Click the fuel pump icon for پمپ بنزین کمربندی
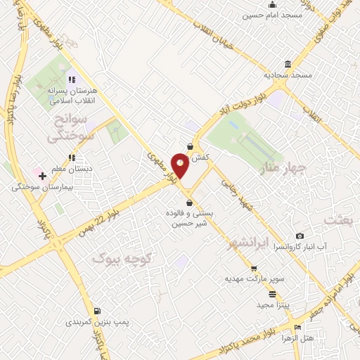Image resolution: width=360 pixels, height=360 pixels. click(x=96, y=311)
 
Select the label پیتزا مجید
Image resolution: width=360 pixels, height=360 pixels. click(x=267, y=304)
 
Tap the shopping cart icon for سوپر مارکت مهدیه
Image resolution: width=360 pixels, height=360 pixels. click(x=253, y=268)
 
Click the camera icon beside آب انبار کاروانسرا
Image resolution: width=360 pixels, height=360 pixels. click(x=300, y=236)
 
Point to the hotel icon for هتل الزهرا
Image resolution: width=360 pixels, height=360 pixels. click(x=298, y=327)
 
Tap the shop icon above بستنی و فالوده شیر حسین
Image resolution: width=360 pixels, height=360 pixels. click(x=189, y=202)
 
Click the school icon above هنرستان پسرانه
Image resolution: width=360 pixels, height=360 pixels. click(x=70, y=79)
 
